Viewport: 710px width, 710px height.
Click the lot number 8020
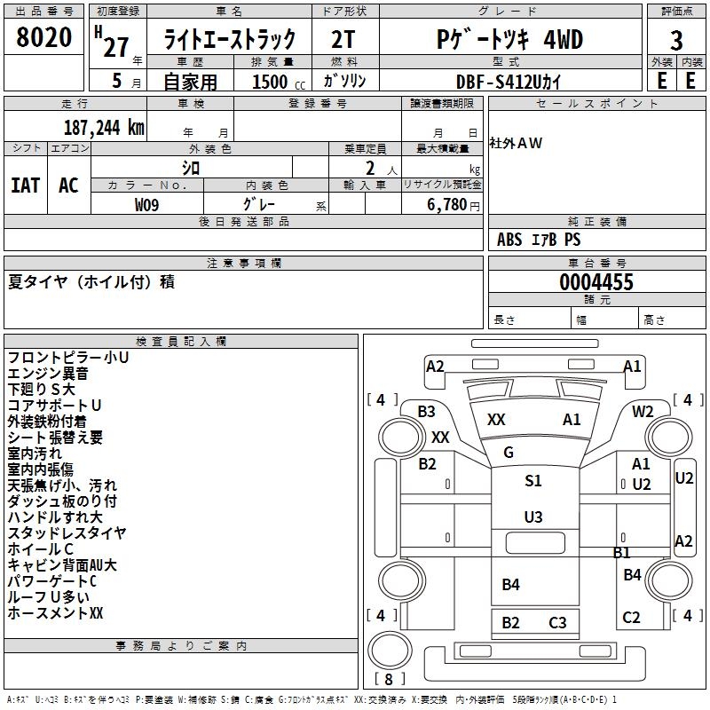coord(44,38)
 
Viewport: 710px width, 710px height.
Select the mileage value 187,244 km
coord(103,127)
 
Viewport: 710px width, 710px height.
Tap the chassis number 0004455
coord(596,282)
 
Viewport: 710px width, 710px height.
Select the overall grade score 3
coord(676,40)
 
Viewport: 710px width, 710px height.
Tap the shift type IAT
coord(25,185)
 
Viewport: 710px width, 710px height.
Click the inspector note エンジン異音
coord(48,374)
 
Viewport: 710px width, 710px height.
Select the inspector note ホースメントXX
coord(56,612)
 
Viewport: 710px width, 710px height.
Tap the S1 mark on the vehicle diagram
coord(532,480)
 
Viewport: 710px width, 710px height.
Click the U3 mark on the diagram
coord(532,517)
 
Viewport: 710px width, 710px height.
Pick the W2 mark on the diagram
coord(643,411)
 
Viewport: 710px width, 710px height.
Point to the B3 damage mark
coord(426,411)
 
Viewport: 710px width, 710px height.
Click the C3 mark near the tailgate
coord(557,622)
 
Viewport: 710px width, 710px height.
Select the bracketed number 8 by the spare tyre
coord(390,679)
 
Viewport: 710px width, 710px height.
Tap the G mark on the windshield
coord(509,453)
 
